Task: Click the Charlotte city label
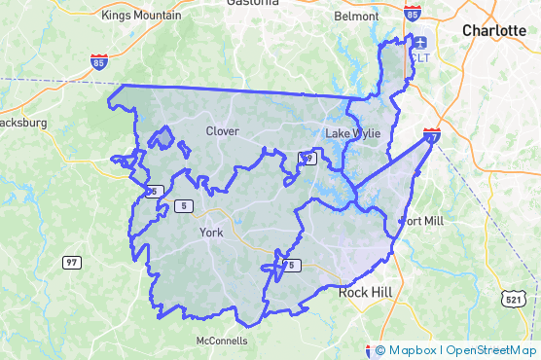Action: coord(493,30)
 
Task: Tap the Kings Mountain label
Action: coord(141,16)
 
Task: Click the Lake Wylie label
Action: coord(349,132)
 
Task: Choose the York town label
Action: coord(211,233)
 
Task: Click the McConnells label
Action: coord(222,342)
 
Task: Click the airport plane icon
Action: coord(419,42)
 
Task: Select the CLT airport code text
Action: coord(419,58)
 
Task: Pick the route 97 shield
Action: coord(71,263)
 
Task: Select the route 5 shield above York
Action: coord(185,205)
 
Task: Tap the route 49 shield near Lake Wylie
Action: coord(306,158)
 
